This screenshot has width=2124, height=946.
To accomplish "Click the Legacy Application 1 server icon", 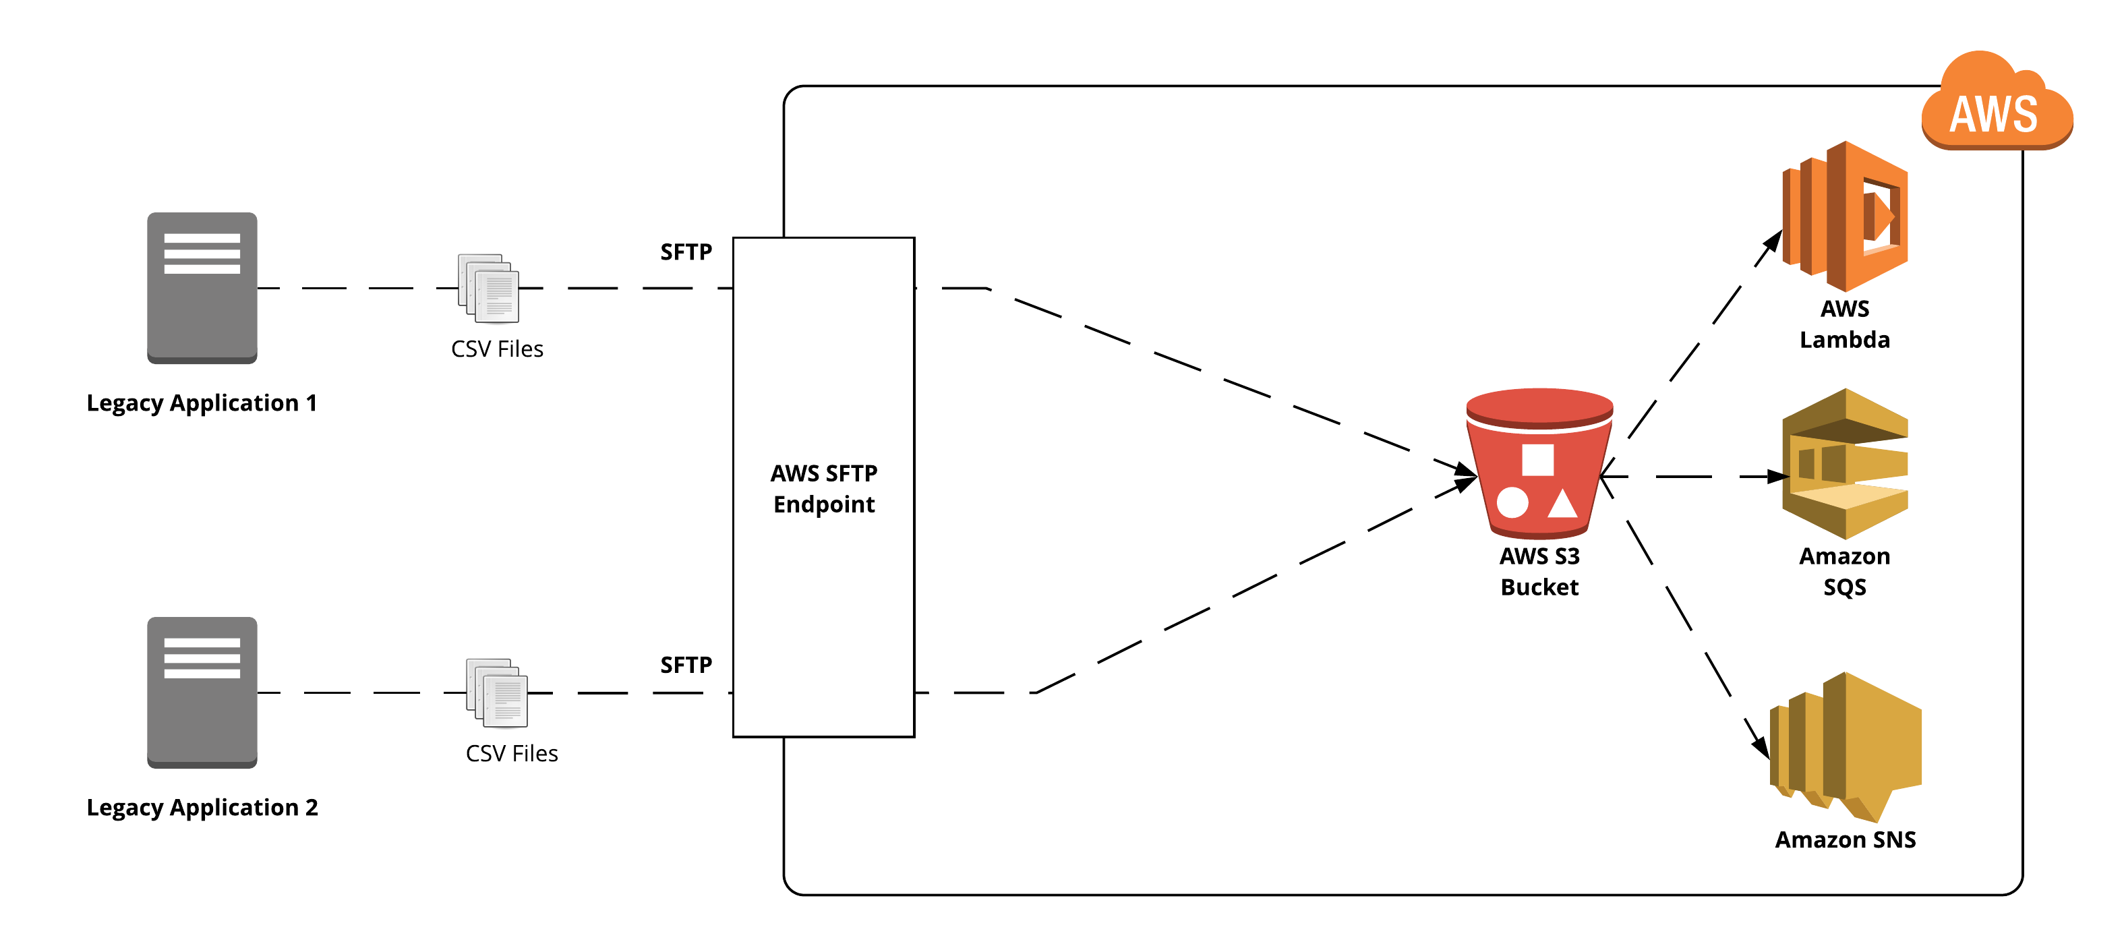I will (x=202, y=287).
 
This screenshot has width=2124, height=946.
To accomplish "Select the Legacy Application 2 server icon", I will (x=202, y=691).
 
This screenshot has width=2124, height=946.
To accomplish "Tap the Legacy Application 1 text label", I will (x=202, y=403).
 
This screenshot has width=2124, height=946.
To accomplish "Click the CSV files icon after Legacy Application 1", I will (x=488, y=288).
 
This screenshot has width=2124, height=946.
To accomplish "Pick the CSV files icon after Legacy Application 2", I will (x=496, y=692).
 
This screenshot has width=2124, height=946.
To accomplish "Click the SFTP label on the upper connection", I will (x=685, y=252).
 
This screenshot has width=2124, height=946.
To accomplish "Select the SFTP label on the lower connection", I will (x=685, y=665).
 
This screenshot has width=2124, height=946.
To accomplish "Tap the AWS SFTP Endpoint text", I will (x=824, y=488).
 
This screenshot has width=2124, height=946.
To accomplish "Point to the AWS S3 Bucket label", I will (x=1539, y=570).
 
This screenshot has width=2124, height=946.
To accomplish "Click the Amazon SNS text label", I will (x=1846, y=839).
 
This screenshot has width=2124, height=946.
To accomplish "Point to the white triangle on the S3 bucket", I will (x=1562, y=503).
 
